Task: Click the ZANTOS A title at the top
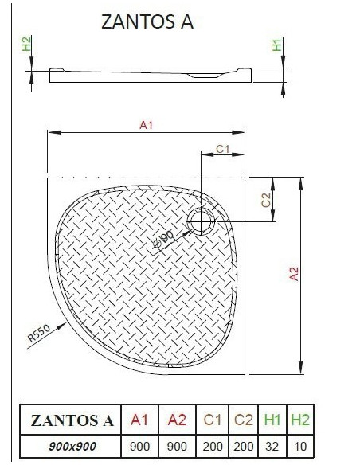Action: tap(147, 21)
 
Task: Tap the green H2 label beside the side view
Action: tap(26, 44)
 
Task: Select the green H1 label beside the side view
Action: tap(276, 45)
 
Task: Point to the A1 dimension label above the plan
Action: tap(146, 125)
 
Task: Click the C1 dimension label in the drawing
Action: tap(223, 149)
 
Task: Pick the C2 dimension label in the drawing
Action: tap(266, 200)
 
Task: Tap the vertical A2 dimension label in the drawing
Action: tap(294, 274)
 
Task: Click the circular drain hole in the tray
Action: tap(202, 221)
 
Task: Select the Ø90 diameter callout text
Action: tap(164, 240)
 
